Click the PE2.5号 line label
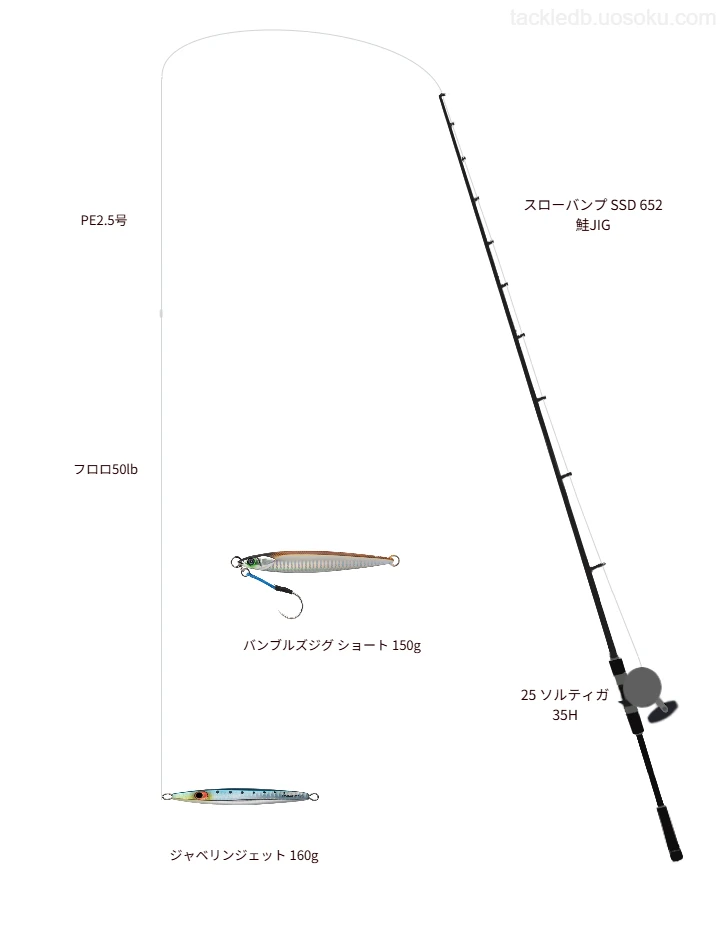[x=104, y=221]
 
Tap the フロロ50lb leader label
[x=105, y=470]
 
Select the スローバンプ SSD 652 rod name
[x=593, y=205]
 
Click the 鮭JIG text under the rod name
[x=593, y=225]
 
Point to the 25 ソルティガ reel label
[x=564, y=695]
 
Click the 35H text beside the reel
[x=564, y=716]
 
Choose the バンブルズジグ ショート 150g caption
[x=332, y=645]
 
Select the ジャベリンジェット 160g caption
[x=244, y=855]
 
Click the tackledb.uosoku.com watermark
[x=613, y=18]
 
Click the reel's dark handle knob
[x=662, y=712]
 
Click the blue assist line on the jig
[x=261, y=580]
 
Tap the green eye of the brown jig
[x=252, y=562]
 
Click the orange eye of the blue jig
[x=199, y=794]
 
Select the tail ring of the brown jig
[x=395, y=560]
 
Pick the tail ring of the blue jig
[x=314, y=797]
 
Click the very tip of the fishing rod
[x=441, y=95]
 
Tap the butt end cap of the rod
[x=676, y=856]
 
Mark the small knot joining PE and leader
[x=161, y=313]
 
